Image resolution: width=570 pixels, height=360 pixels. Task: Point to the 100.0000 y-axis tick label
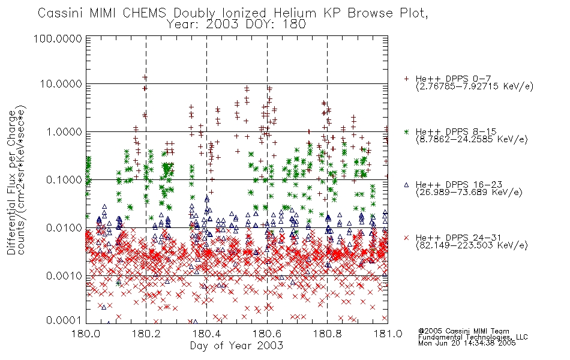coord(58,38)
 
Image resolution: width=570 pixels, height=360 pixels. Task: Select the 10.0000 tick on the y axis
coord(61,84)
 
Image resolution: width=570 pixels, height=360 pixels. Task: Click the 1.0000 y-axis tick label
coord(64,132)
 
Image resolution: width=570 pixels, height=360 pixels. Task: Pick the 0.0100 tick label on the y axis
coord(64,228)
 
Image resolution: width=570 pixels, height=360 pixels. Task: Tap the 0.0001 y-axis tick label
coord(64,320)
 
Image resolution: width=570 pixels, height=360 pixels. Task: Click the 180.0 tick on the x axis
coord(86,334)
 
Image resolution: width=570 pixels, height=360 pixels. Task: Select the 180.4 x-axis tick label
coord(207,334)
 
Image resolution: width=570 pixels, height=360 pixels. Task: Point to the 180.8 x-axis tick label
coord(327,334)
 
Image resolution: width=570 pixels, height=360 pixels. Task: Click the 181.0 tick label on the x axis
coord(388,334)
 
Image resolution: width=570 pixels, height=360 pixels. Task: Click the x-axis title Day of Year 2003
coord(236,346)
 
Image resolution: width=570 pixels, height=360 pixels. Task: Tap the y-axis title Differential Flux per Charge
coord(11,182)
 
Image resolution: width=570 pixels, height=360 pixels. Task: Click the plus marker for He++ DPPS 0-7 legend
coord(406,79)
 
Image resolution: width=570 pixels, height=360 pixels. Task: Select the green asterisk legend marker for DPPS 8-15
coord(406,131)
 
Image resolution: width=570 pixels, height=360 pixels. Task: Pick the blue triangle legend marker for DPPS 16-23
coord(406,185)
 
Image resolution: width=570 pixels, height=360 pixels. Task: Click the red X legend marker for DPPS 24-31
coord(406,238)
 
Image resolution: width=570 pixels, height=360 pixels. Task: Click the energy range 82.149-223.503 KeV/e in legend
coord(472,245)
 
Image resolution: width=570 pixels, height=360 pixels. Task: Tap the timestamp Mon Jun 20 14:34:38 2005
coord(467,343)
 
